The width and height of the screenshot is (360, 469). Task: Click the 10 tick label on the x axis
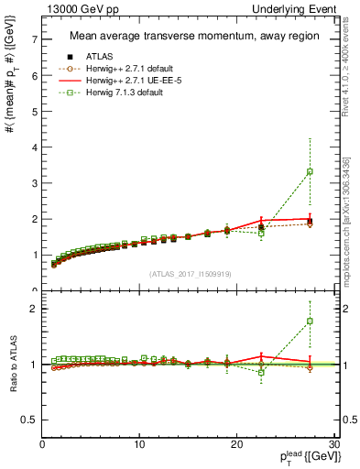coord(139,444)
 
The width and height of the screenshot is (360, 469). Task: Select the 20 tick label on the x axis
coord(237,444)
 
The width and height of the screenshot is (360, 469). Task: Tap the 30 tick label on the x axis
coord(334,444)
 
